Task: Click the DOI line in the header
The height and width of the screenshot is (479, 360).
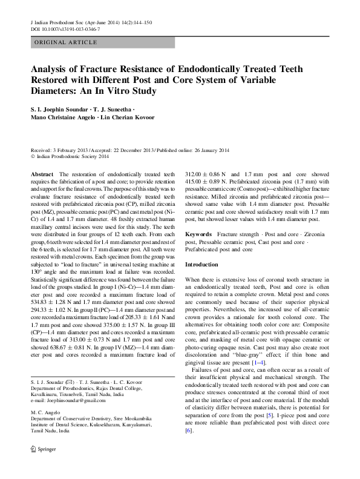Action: point(65,28)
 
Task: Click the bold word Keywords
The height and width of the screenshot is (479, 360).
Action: point(198,233)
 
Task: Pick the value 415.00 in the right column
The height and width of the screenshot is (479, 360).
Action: point(195,181)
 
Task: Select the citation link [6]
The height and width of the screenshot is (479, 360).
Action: point(188,431)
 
